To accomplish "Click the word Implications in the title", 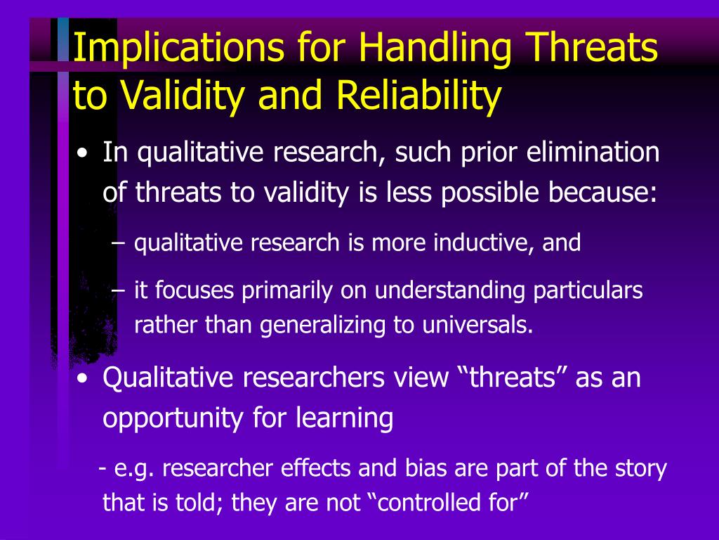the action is pyautogui.click(x=178, y=48).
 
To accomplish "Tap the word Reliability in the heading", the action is pyautogui.click(x=418, y=96).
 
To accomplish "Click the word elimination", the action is pyautogui.click(x=593, y=152).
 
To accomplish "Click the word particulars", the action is pyautogui.click(x=588, y=290).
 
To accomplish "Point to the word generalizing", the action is pyautogui.click(x=322, y=325).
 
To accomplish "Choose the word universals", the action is pyautogui.click(x=477, y=325).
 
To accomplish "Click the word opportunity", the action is pyautogui.click(x=173, y=418).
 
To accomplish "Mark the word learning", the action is pyautogui.click(x=344, y=418).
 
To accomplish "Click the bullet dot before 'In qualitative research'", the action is pyautogui.click(x=82, y=153).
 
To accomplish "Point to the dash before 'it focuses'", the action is pyautogui.click(x=118, y=291).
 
